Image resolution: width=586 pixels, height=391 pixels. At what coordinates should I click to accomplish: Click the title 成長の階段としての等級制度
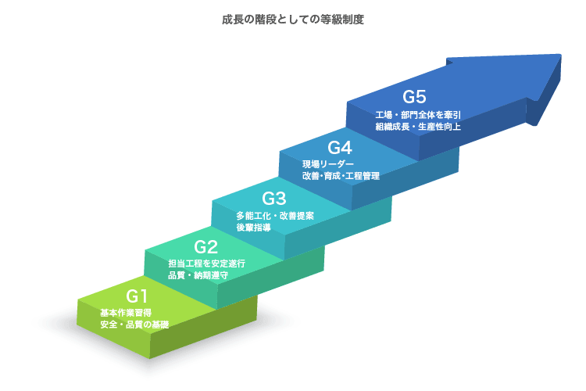pos(293,19)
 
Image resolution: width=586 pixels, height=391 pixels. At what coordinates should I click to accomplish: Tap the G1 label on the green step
pos(137,296)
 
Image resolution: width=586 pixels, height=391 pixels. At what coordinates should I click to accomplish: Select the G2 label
pos(206,247)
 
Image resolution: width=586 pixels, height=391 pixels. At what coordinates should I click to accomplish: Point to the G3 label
pos(274,199)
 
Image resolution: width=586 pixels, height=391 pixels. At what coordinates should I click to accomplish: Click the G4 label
pos(340,148)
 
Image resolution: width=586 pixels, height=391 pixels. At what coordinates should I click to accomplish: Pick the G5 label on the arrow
pos(414,97)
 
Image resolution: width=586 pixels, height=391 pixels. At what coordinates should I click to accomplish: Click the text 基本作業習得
pos(126,313)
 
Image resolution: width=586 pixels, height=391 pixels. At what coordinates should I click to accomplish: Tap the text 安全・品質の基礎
pos(134,325)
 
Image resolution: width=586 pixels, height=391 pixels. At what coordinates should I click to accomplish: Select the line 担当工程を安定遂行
pos(207,264)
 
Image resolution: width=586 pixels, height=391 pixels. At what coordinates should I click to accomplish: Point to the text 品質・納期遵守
pos(198,275)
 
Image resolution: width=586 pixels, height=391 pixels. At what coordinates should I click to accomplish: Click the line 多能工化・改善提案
pos(275,216)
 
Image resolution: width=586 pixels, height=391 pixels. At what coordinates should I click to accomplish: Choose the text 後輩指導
pos(253,227)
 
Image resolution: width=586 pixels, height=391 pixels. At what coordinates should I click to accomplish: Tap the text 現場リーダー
pos(328,164)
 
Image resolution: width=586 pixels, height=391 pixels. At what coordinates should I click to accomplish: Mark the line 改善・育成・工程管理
pos(341,175)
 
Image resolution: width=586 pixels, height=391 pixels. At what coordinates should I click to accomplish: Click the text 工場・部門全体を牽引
pos(418,115)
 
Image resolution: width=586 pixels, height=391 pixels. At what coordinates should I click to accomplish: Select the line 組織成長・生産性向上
pos(418,127)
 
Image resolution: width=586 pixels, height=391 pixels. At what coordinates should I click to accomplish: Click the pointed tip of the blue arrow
pos(560,55)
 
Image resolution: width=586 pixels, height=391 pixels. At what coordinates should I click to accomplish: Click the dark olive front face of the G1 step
pos(204,327)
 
